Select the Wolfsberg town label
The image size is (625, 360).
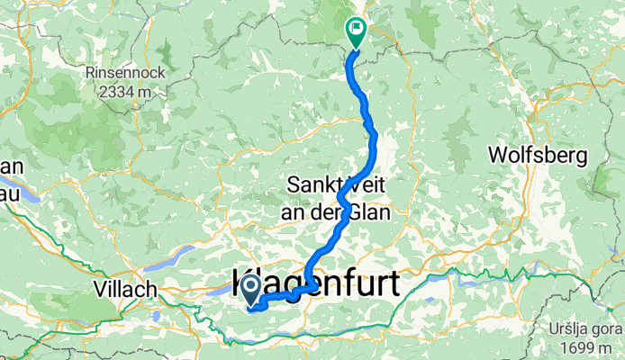pos(538,155)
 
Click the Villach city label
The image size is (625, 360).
pos(126,290)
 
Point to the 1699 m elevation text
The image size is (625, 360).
pos(589,347)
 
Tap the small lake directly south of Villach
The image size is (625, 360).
pos(157,316)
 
